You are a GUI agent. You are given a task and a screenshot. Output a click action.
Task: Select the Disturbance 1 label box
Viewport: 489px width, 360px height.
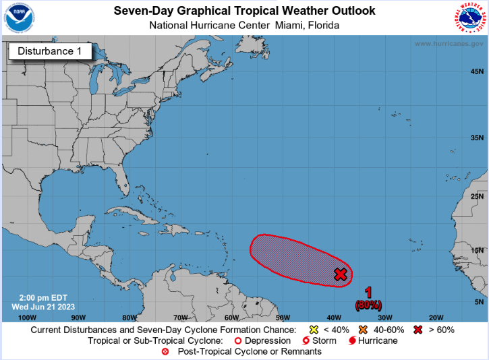tap(49, 51)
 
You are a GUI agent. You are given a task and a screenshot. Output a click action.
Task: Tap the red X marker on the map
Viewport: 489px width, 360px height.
tap(341, 274)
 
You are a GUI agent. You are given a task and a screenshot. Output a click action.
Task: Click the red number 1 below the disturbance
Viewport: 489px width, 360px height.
tap(368, 293)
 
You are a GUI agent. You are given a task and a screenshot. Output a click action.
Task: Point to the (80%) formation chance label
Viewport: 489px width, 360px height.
tap(368, 305)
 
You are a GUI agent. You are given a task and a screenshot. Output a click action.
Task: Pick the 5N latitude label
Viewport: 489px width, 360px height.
tap(478, 301)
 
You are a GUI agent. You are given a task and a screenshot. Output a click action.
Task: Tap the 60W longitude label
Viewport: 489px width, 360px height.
tap(231, 317)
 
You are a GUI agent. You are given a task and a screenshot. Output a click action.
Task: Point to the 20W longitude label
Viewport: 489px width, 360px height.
tap(436, 317)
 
